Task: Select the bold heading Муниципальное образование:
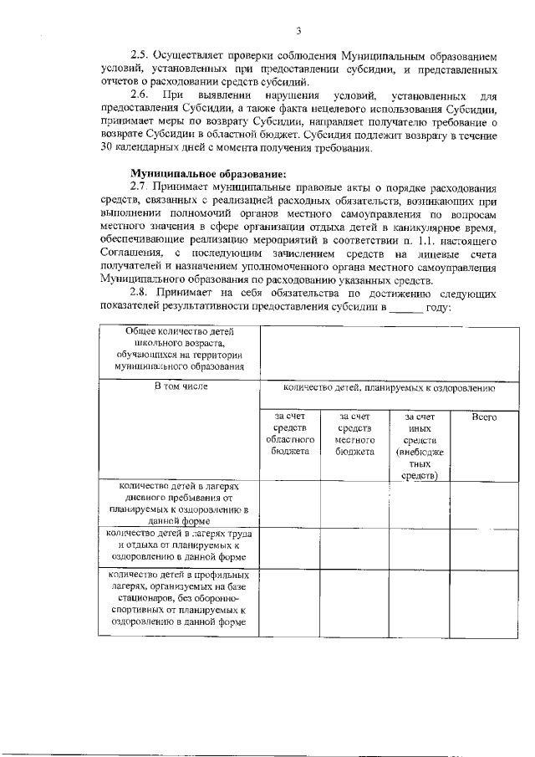click(x=178, y=172)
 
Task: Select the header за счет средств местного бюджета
click(x=354, y=433)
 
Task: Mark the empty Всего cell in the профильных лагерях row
click(x=483, y=601)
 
